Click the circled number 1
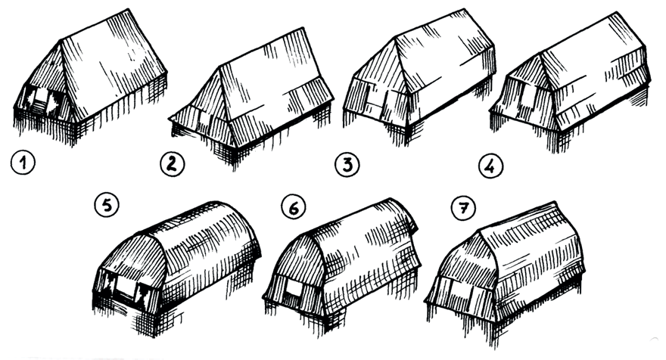23,163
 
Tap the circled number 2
172,164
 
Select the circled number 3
347,165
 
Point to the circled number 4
490,166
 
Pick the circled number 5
107,206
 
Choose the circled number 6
294,207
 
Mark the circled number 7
463,209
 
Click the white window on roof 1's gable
41,101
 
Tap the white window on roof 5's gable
126,287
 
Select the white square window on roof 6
294,288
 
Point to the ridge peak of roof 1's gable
61,41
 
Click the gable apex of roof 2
219,67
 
